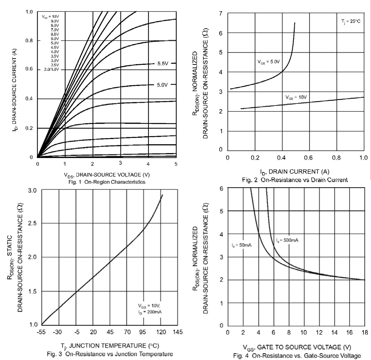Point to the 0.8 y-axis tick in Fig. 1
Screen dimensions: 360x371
pyautogui.click(x=30, y=41)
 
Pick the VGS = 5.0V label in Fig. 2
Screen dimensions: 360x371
pyautogui.click(x=269, y=62)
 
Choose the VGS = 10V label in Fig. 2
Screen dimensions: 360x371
pyautogui.click(x=297, y=97)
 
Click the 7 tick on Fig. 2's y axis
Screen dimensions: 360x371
pyautogui.click(x=221, y=14)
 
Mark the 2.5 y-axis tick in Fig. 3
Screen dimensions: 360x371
pyautogui.click(x=32, y=223)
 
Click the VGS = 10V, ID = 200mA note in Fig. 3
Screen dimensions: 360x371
pyautogui.click(x=150, y=309)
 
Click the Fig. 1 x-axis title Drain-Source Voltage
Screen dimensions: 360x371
pyautogui.click(x=107, y=175)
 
